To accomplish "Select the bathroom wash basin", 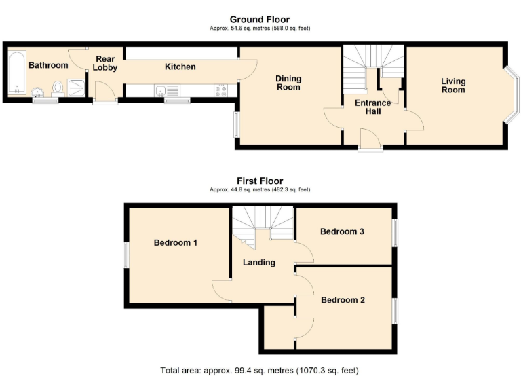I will (37, 92).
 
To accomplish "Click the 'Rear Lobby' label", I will (105, 63).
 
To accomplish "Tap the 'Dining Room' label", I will (288, 83).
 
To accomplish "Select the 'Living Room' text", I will (453, 86).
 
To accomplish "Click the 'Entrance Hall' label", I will (372, 107).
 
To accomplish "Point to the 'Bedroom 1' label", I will (175, 242).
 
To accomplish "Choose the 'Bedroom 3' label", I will (342, 231).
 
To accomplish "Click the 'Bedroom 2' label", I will (343, 300).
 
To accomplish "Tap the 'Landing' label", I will (259, 262).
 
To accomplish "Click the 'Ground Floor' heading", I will (260, 19).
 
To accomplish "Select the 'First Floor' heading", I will (260, 181).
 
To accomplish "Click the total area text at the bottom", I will (260, 371).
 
